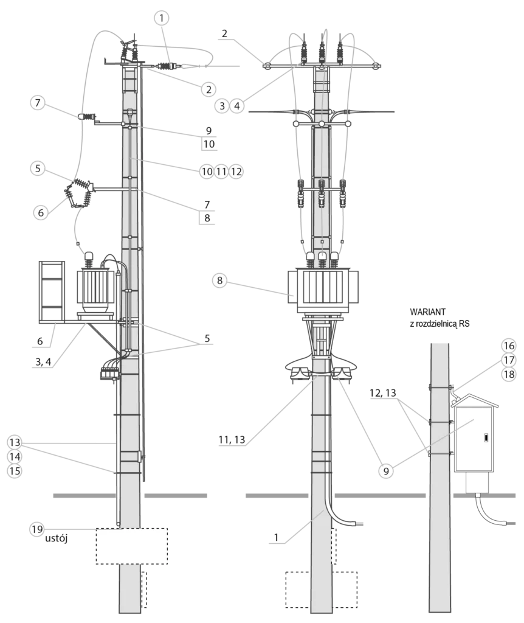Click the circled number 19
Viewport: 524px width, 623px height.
tap(37, 529)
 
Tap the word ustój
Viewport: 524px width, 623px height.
tap(56, 539)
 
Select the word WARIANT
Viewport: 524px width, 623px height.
tap(427, 312)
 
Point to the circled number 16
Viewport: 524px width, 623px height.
tap(509, 346)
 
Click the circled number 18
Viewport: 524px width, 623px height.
tap(509, 374)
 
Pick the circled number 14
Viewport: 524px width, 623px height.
tap(15, 456)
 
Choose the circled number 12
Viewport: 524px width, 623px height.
tap(236, 172)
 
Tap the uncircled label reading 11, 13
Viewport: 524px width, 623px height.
tap(232, 439)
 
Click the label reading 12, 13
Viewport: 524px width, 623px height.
tap(383, 392)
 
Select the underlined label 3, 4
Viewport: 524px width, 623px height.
tap(43, 361)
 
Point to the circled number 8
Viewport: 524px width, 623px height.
tap(219, 280)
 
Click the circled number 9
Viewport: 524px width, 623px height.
tap(385, 472)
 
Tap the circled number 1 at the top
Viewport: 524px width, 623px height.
tap(161, 18)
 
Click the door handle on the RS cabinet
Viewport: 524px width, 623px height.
tap(486, 439)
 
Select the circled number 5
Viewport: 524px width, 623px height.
tap(38, 168)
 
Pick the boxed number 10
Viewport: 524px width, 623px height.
tap(209, 144)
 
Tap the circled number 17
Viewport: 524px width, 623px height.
tap(509, 360)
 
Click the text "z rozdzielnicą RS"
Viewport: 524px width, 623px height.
tap(440, 324)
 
